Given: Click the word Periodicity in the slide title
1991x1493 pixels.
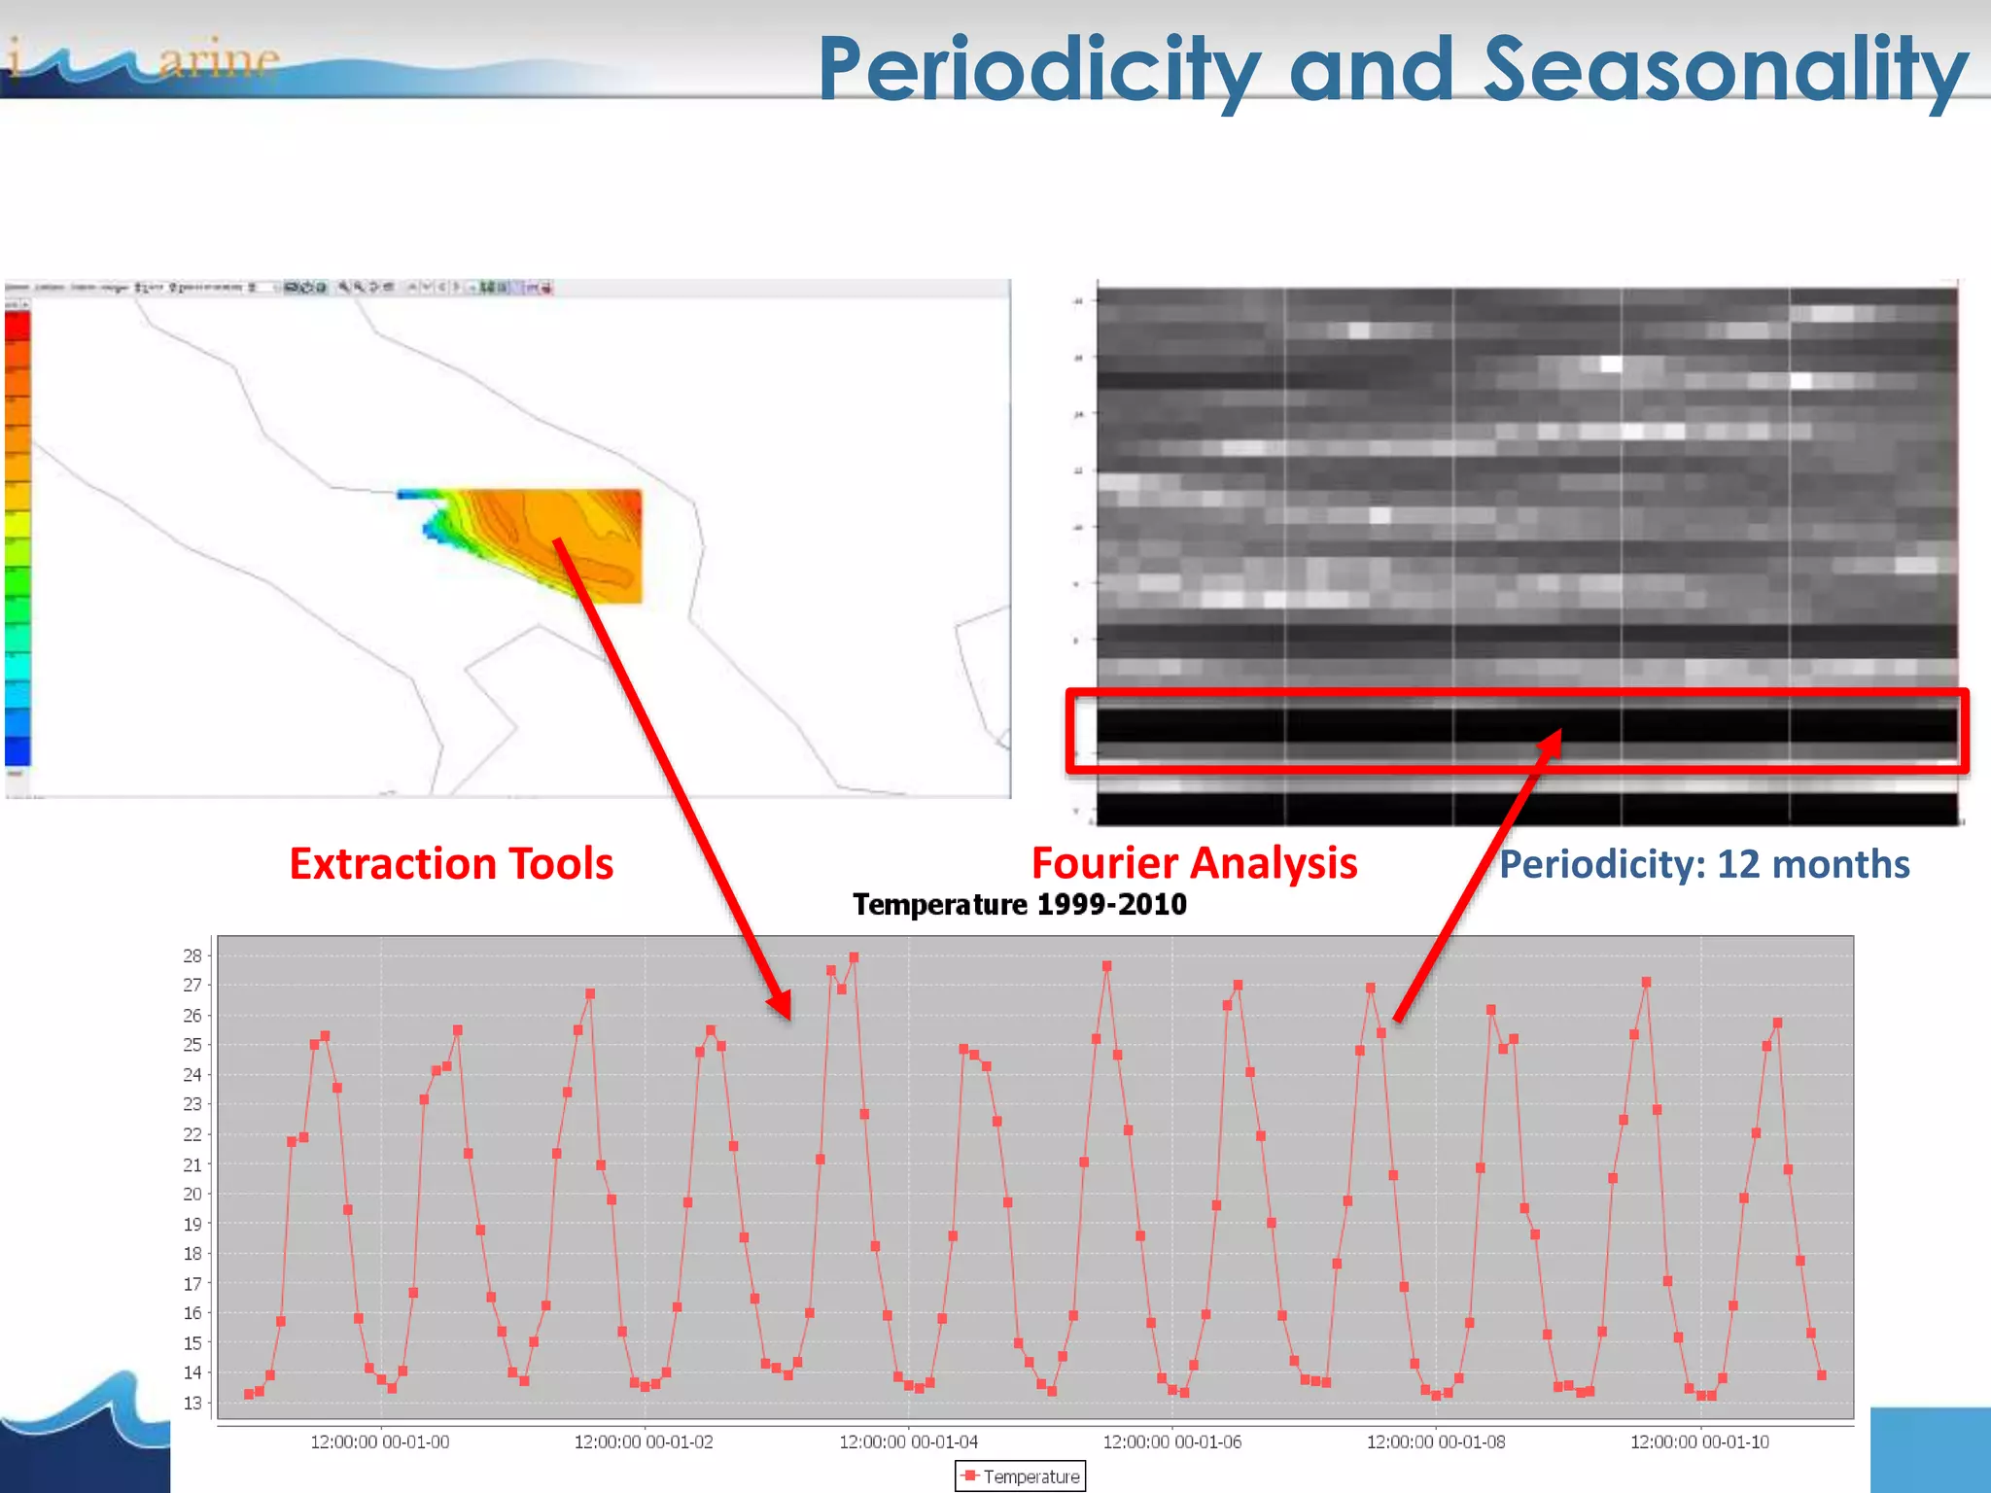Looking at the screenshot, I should [1038, 70].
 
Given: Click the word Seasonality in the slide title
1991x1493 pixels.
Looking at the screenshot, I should [1725, 70].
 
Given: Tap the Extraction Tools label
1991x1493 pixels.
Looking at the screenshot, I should [451, 864].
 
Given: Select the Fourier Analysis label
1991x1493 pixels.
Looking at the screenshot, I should [1194, 863].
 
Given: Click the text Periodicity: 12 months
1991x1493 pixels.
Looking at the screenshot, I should [1703, 864].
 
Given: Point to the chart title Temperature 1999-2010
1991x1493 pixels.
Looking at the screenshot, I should [1019, 905].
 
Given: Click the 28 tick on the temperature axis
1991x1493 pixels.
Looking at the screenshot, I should [192, 955].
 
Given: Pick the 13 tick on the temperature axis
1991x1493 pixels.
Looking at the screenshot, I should [192, 1403].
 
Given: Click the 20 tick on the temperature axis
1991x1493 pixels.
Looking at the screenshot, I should [192, 1194].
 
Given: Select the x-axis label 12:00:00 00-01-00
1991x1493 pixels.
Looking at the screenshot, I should [379, 1442].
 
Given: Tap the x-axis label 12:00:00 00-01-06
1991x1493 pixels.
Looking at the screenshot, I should [1171, 1442].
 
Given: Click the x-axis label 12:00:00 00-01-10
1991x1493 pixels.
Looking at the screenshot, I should [1699, 1442].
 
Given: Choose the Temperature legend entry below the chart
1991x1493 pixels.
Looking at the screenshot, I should [1021, 1476].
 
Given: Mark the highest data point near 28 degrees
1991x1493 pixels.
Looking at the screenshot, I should [854, 958].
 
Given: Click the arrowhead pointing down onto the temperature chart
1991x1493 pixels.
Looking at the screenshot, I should [780, 1006].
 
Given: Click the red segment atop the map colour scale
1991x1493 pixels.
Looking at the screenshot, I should [17, 327].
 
